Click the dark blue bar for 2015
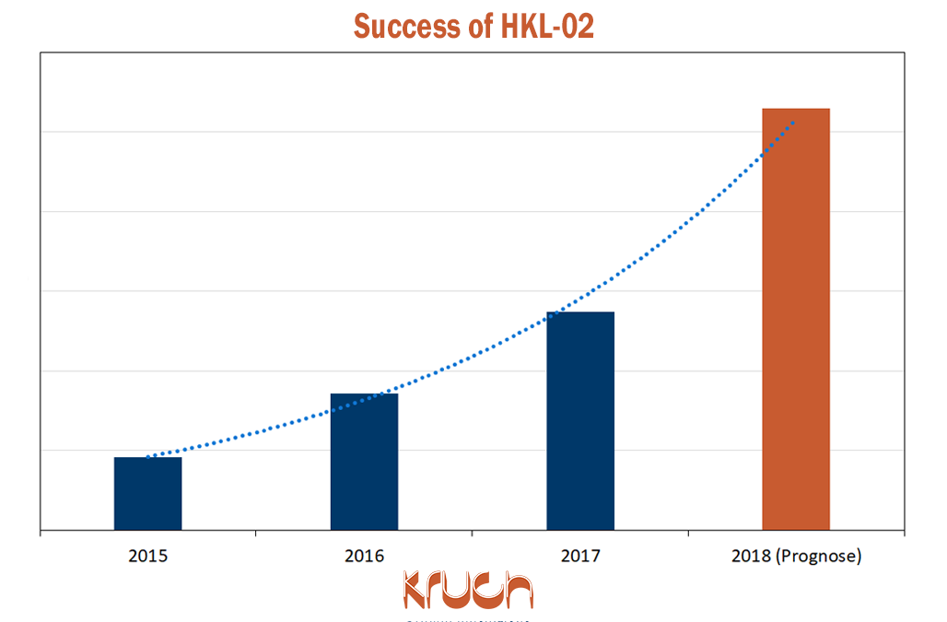147,494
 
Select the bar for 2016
364,462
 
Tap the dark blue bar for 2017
579,421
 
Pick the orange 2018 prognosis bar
796,319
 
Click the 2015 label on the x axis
147,557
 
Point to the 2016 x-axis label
364,557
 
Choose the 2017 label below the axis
579,557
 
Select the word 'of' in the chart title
475,26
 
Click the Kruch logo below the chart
468,591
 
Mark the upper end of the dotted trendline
793,122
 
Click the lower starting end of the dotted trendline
148,456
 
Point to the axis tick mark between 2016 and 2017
472,533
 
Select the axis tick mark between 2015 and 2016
256,533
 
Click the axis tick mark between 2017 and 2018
688,533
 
